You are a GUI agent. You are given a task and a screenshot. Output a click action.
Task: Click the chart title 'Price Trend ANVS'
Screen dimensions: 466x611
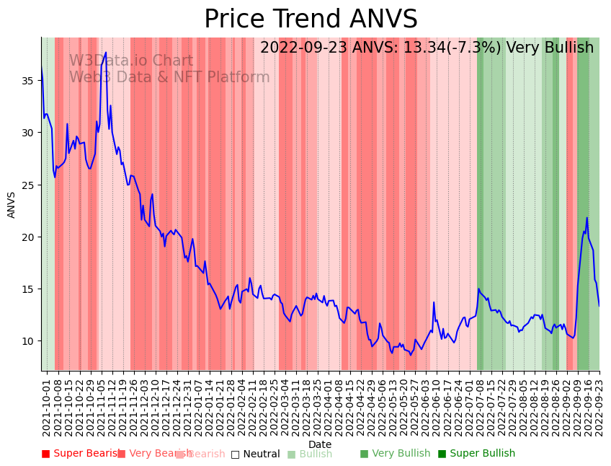pyautogui.click(x=311, y=19)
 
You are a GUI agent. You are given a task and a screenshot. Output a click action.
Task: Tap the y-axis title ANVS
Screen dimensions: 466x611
pyautogui.click(x=12, y=204)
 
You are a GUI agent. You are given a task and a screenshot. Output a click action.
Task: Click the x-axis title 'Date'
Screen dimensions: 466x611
pyautogui.click(x=320, y=444)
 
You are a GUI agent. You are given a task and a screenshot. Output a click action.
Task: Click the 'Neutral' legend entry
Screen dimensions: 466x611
pyautogui.click(x=255, y=454)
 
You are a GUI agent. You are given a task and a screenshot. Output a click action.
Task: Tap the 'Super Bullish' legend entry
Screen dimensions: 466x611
pyautogui.click(x=476, y=454)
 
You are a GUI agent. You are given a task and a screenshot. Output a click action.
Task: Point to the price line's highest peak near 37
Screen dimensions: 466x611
pyautogui.click(x=105, y=53)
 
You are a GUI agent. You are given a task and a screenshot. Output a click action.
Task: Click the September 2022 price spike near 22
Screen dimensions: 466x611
pyautogui.click(x=587, y=218)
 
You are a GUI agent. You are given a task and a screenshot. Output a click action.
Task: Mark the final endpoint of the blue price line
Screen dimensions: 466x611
pyautogui.click(x=599, y=306)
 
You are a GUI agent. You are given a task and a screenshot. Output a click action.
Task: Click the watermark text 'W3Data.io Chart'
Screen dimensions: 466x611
pyautogui.click(x=131, y=61)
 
